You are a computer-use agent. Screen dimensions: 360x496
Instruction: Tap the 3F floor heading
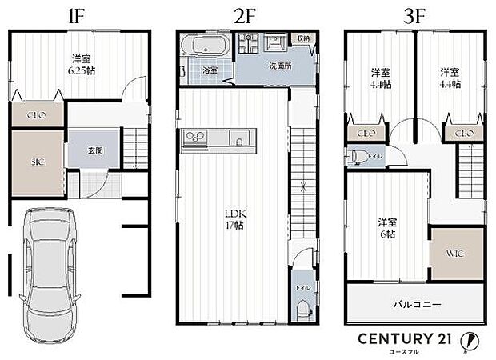(415, 14)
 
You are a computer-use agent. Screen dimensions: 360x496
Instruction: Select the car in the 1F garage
(48, 272)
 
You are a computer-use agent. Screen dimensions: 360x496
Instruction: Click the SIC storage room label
(37, 162)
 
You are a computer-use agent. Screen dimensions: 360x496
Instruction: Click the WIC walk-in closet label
(456, 254)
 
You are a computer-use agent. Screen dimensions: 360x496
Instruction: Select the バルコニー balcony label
(416, 305)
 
